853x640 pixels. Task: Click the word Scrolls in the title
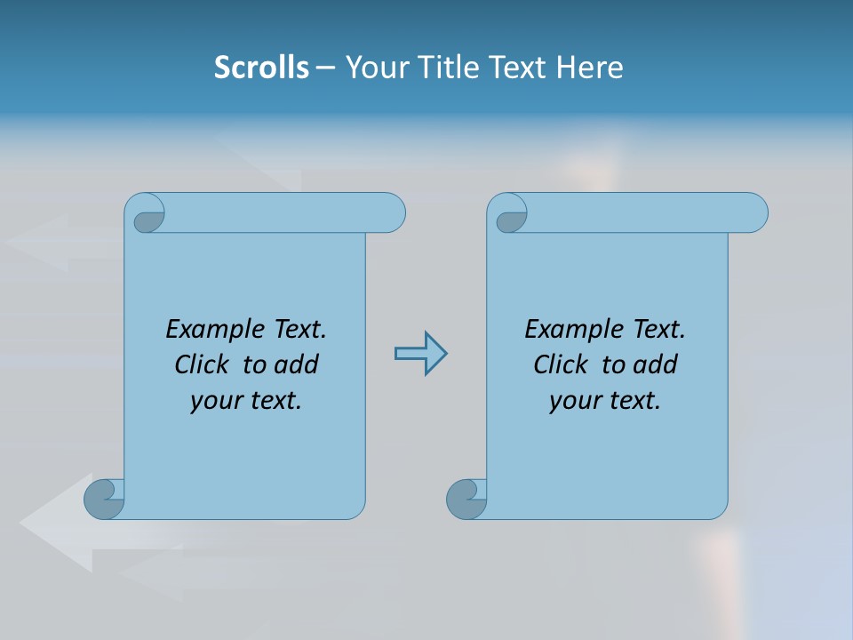(262, 67)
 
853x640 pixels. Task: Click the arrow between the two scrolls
(420, 354)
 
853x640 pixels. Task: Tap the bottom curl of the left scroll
(105, 498)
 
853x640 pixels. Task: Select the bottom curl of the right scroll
(466, 498)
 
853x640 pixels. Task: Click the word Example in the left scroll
(212, 330)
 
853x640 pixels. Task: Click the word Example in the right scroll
(571, 330)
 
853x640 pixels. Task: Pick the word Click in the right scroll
(561, 364)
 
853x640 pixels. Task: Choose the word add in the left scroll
(296, 364)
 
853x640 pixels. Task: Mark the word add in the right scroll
(655, 364)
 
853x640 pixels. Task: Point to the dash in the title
(325, 67)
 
